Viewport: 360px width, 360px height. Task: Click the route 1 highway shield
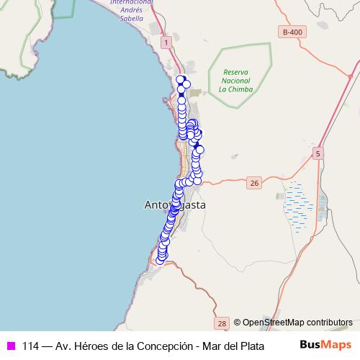166,43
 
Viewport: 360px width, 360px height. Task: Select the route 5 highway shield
319,153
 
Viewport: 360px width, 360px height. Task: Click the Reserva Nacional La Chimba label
235,81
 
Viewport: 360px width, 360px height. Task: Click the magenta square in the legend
11,344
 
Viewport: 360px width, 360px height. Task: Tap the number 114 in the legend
31,344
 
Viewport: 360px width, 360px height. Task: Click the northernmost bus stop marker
181,80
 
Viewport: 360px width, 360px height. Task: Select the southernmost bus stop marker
161,260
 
